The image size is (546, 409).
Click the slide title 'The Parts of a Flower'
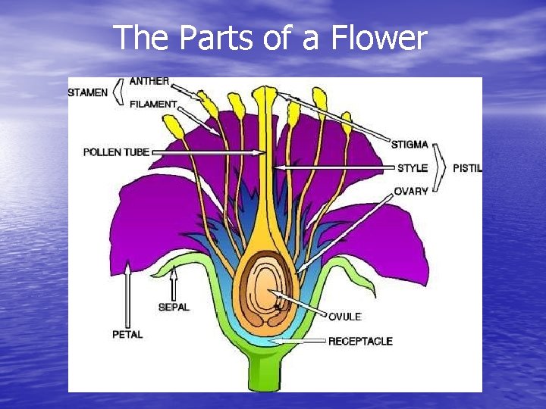(x=271, y=37)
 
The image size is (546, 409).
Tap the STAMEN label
(x=88, y=93)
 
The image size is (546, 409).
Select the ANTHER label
(x=149, y=81)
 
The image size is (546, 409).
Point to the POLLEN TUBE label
(x=116, y=152)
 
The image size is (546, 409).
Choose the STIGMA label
(x=409, y=144)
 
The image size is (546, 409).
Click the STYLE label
(x=413, y=167)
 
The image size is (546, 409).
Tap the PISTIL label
(x=467, y=167)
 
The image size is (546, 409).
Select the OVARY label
(x=411, y=191)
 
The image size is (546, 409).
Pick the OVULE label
(x=344, y=316)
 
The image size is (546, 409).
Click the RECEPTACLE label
(x=360, y=341)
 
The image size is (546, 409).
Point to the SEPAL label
(x=173, y=307)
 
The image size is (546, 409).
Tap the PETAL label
(x=127, y=334)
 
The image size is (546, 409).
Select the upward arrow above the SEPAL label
(x=174, y=284)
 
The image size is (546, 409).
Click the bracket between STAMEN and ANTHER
(x=118, y=92)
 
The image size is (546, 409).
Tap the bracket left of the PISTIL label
(x=441, y=167)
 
